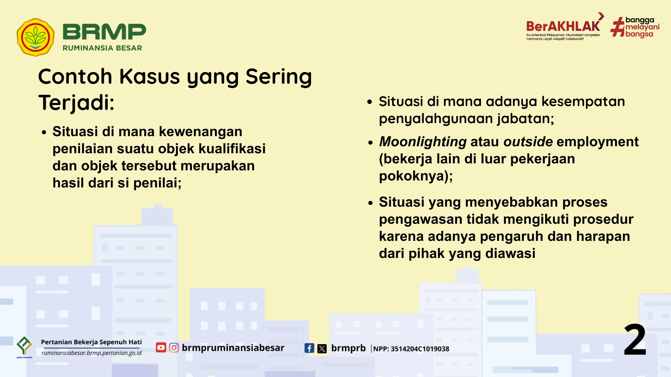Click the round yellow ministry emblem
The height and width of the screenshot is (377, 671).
(x=35, y=37)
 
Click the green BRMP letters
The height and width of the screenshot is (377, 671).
(x=104, y=32)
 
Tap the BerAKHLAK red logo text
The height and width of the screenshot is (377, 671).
(x=563, y=27)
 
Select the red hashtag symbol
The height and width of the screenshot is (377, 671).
(x=617, y=27)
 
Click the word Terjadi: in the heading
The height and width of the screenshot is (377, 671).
(x=76, y=103)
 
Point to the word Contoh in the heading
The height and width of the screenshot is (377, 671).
(x=75, y=76)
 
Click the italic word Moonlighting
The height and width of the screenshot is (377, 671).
(x=423, y=142)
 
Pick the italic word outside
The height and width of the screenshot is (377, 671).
(x=528, y=142)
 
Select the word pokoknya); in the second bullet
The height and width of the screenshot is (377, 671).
(x=416, y=176)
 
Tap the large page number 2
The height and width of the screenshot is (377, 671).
(x=635, y=339)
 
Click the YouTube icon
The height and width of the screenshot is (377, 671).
(x=161, y=348)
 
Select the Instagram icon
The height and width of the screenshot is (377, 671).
(x=174, y=348)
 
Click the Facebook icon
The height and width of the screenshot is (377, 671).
(x=309, y=348)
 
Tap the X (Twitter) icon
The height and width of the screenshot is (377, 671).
(x=322, y=348)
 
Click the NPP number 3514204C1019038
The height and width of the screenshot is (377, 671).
(x=420, y=349)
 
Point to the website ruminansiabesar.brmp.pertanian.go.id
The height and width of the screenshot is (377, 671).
(x=92, y=353)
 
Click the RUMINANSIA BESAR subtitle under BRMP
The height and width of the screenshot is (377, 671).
(x=102, y=48)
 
